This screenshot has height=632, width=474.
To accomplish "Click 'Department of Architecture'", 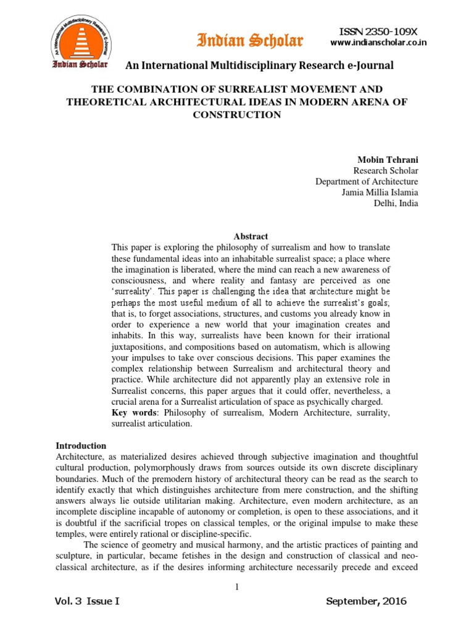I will click(367, 181).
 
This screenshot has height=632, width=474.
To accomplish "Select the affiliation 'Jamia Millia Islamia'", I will click(380, 193).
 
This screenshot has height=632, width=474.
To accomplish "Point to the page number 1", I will click(236, 586).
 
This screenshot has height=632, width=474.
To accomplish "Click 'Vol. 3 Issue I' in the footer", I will click(86, 602).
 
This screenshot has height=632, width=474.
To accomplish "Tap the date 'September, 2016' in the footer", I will click(365, 602).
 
